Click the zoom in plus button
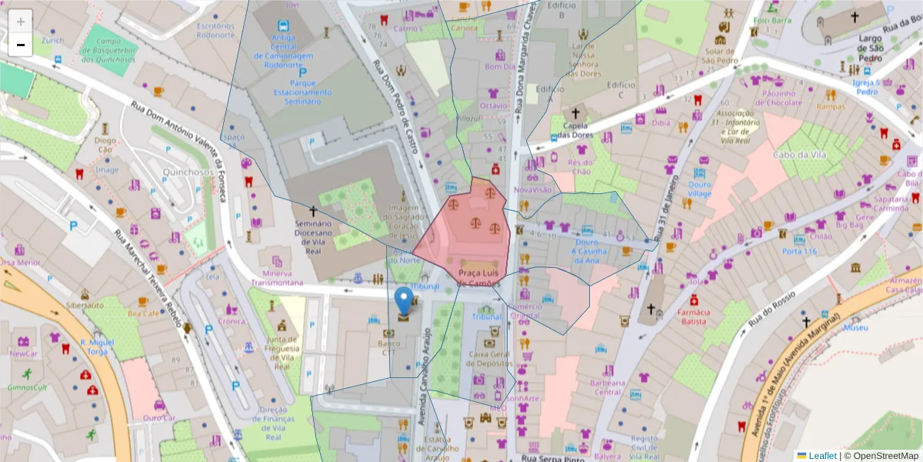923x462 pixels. pos(21,22)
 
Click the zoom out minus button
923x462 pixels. pos(21,45)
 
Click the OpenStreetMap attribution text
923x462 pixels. pos(880,456)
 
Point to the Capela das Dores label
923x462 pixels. pos(578,130)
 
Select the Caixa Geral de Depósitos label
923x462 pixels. pos(491,359)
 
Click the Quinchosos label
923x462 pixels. pos(188,172)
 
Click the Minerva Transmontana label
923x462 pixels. pos(276,277)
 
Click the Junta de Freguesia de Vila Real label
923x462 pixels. pos(283,353)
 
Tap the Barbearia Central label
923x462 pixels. pos(605,387)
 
